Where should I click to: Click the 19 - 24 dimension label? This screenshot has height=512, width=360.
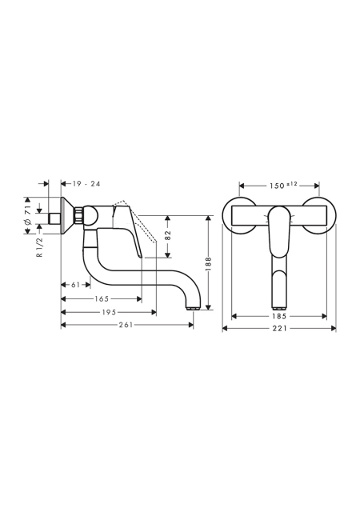(x=86, y=184)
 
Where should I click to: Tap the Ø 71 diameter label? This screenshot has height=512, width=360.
(x=28, y=215)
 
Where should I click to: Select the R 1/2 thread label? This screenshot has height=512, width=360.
(x=40, y=247)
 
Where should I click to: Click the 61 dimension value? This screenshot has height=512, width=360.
(x=75, y=285)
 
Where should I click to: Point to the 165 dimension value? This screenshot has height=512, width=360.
(x=102, y=298)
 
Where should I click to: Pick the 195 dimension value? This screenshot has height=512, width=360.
(x=109, y=313)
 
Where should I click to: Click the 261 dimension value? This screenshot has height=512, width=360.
(x=126, y=325)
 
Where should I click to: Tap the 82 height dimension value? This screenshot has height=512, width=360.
(x=168, y=235)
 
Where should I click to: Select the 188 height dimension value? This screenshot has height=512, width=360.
(x=209, y=264)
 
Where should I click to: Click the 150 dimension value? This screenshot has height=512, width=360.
(x=277, y=186)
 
